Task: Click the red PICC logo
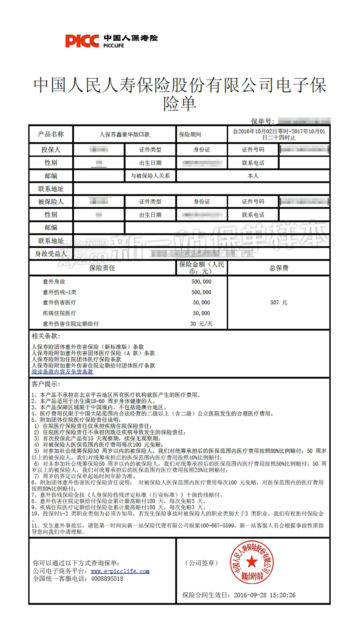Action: tap(82, 41)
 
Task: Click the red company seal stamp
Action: tap(251, 562)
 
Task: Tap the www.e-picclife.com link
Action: tap(120, 571)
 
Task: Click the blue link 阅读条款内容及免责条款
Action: tap(62, 371)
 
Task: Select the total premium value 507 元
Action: tap(278, 303)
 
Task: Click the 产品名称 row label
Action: tap(51, 134)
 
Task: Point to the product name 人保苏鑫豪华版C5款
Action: tap(124, 134)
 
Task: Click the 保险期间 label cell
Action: tap(190, 134)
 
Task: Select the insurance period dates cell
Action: tap(279, 134)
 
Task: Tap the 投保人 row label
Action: tap(51, 150)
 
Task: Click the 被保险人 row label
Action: tap(51, 201)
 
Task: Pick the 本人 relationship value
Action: tap(253, 176)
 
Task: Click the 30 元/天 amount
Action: tap(201, 323)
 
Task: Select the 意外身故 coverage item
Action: tap(54, 282)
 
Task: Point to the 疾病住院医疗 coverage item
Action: tap(59, 313)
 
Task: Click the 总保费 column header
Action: tap(278, 268)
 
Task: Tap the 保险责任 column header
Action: tap(102, 268)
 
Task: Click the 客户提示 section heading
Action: tap(46, 384)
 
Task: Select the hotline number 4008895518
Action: tap(107, 579)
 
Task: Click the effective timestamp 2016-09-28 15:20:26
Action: tap(265, 595)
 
